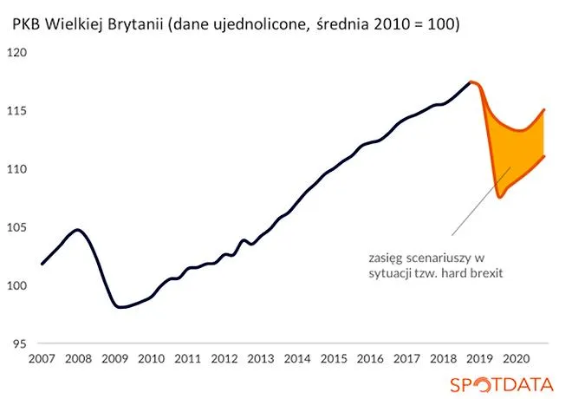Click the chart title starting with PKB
(x=236, y=26)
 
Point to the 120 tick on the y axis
(x=18, y=53)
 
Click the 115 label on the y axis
(x=18, y=111)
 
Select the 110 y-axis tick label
(x=18, y=169)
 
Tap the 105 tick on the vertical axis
(x=18, y=227)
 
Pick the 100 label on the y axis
(x=18, y=285)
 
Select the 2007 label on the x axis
(x=41, y=359)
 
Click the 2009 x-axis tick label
(x=114, y=359)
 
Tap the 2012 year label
(x=224, y=359)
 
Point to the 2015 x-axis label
(x=334, y=359)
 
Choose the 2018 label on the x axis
(x=443, y=359)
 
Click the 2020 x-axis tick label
(x=517, y=359)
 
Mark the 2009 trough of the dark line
(x=121, y=307)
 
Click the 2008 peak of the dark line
(x=78, y=230)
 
